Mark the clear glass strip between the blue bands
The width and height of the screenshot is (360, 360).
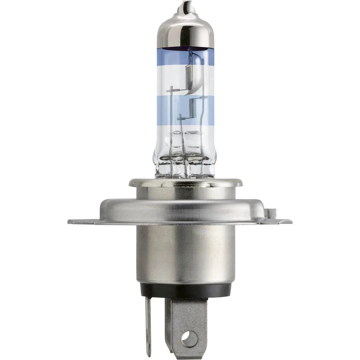click(x=167, y=81)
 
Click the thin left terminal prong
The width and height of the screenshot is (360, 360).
click(x=148, y=324)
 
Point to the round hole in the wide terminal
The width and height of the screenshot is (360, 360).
click(x=190, y=338)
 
